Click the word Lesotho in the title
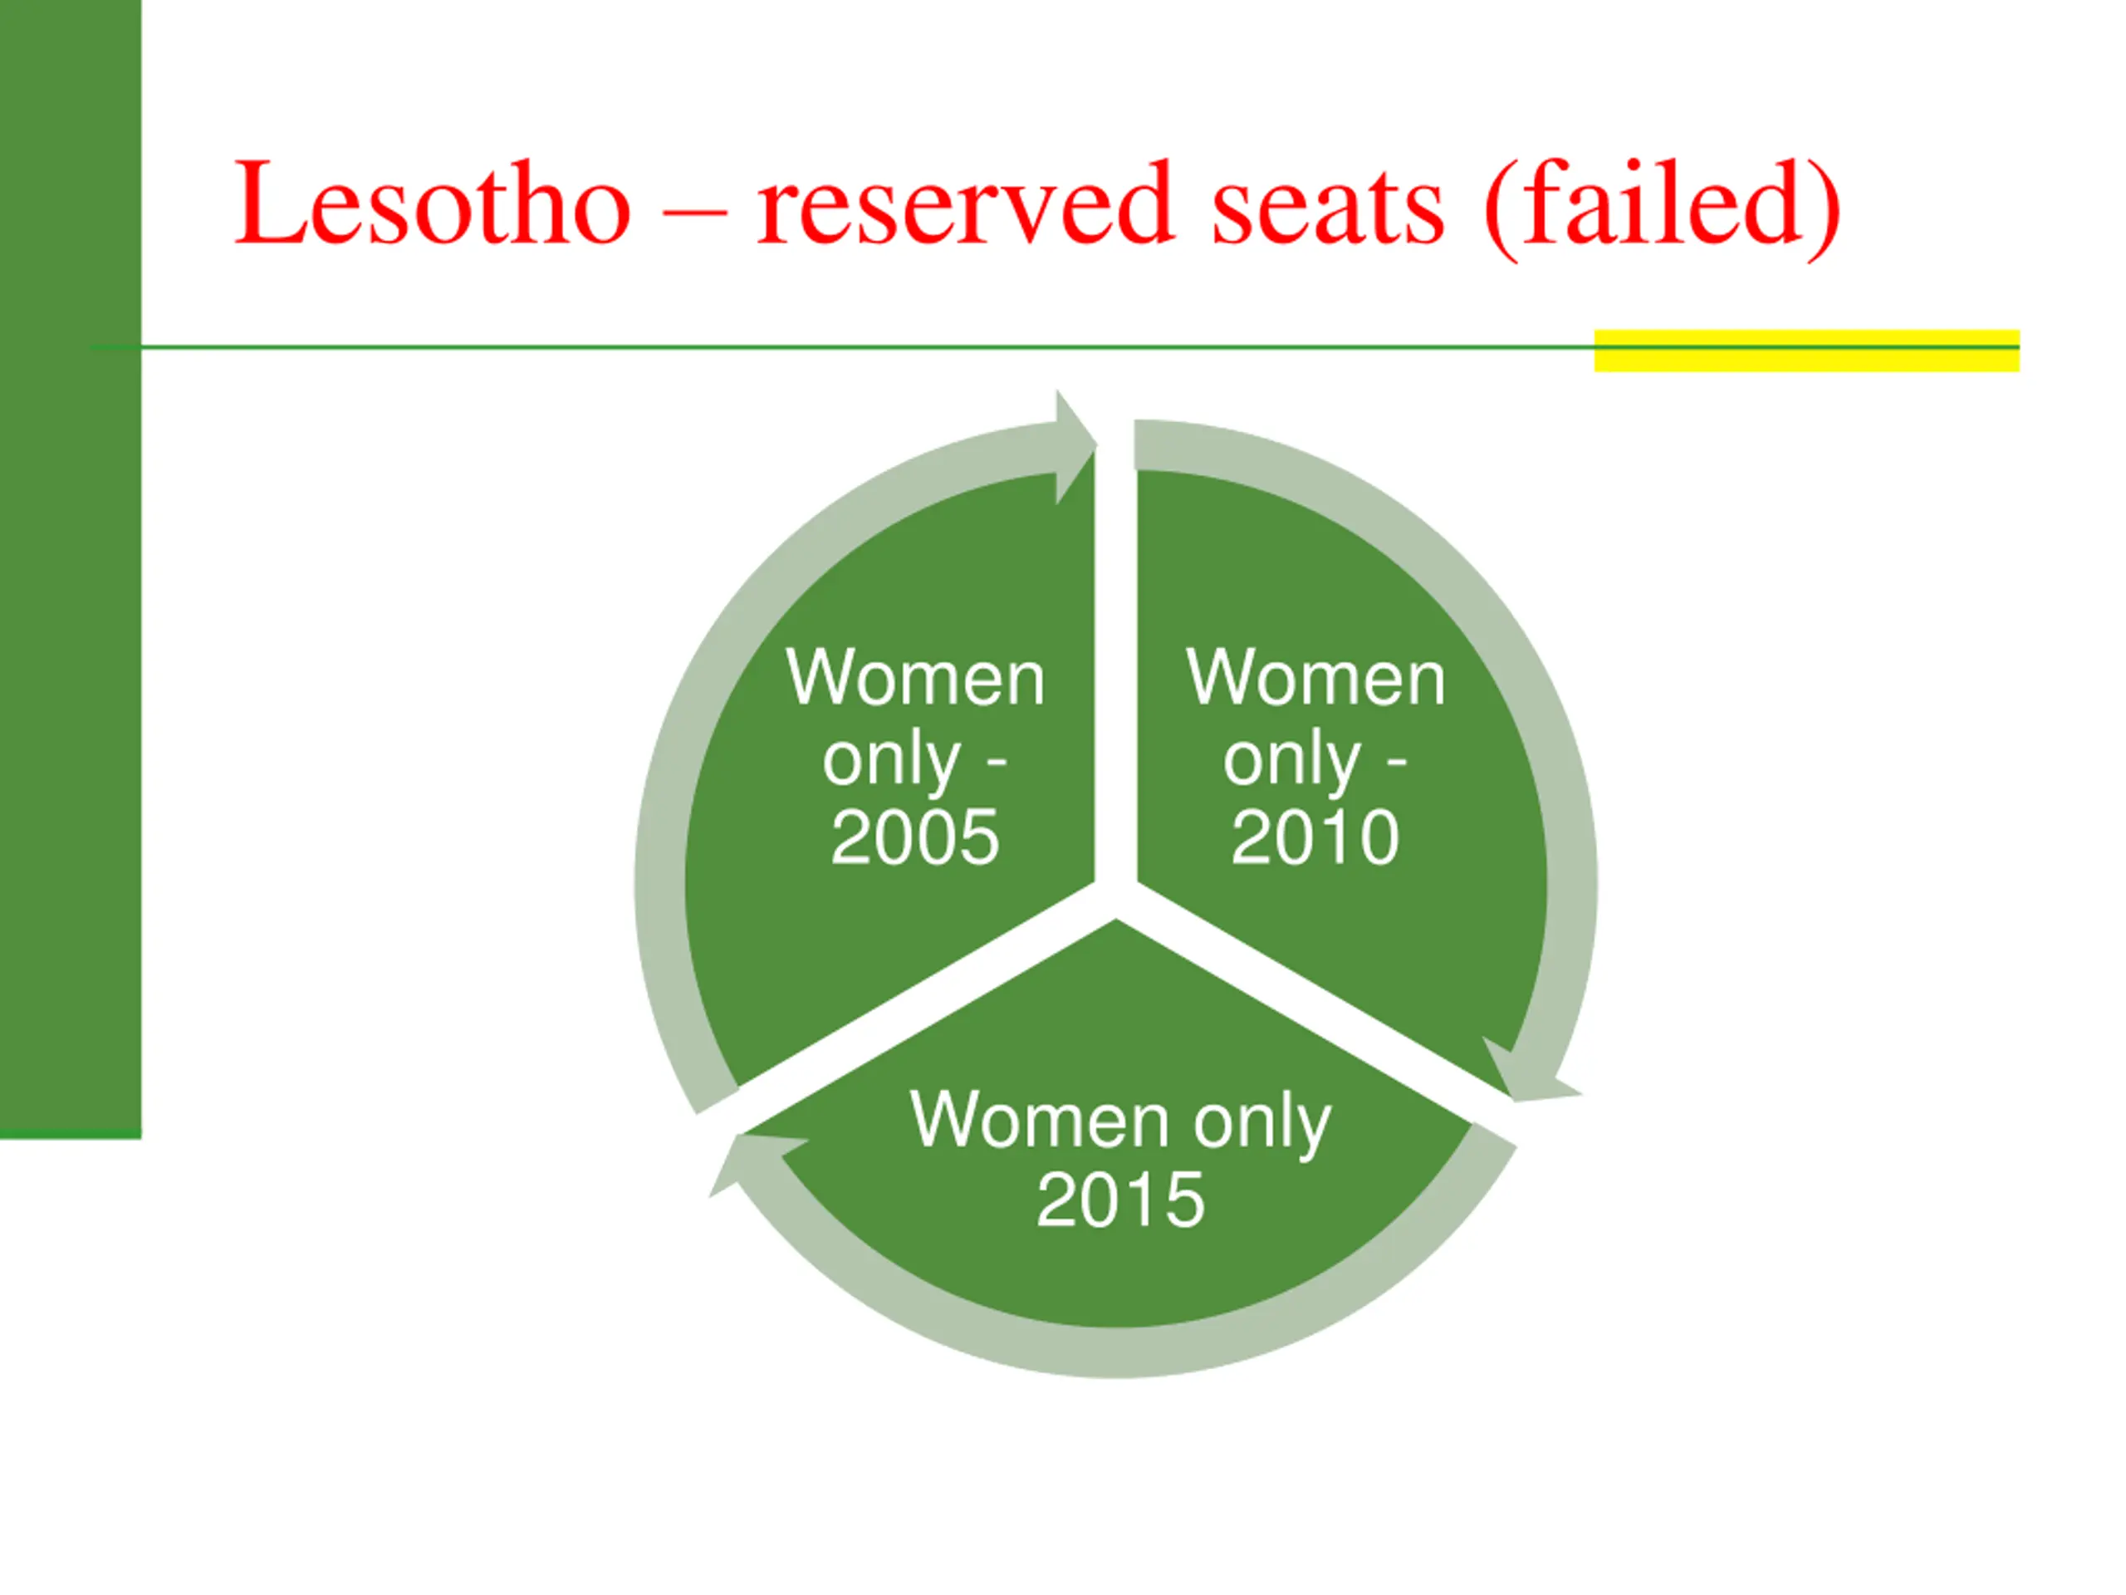pos(433,204)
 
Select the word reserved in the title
pos(965,204)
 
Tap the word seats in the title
pos(1327,204)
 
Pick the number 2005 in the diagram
pos(914,837)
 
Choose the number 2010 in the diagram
pos(1315,837)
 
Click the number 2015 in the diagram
pos(1119,1200)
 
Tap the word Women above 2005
pos(915,678)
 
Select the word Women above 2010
pos(1315,678)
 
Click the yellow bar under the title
pos(1807,350)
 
